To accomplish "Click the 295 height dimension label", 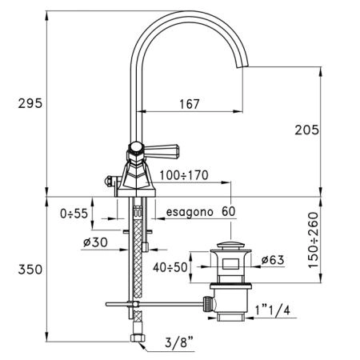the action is pos(30,103).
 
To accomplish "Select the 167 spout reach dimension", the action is pos(190,104).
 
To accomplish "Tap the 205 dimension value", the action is pos(306,130).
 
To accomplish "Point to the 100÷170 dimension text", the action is pos(184,175).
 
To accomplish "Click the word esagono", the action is pos(190,212).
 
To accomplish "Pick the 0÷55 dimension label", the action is pos(74,214).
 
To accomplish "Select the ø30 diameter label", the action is pos(95,242).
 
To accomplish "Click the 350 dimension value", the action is pos(30,270).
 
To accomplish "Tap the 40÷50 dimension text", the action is pos(170,267).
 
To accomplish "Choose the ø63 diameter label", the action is pos(273,260).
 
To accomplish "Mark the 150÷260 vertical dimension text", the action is pos(314,240).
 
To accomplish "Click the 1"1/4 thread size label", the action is pos(273,310).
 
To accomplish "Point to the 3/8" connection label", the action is pos(179,342).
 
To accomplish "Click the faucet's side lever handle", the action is pos(161,151).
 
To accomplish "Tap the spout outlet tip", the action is pos(242,66).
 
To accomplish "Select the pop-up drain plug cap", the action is pos(230,245).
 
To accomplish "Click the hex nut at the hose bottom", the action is pos(138,338).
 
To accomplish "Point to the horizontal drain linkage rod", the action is pos(154,304).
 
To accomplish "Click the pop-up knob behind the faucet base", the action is pos(108,182).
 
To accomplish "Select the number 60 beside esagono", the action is pos(229,211).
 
